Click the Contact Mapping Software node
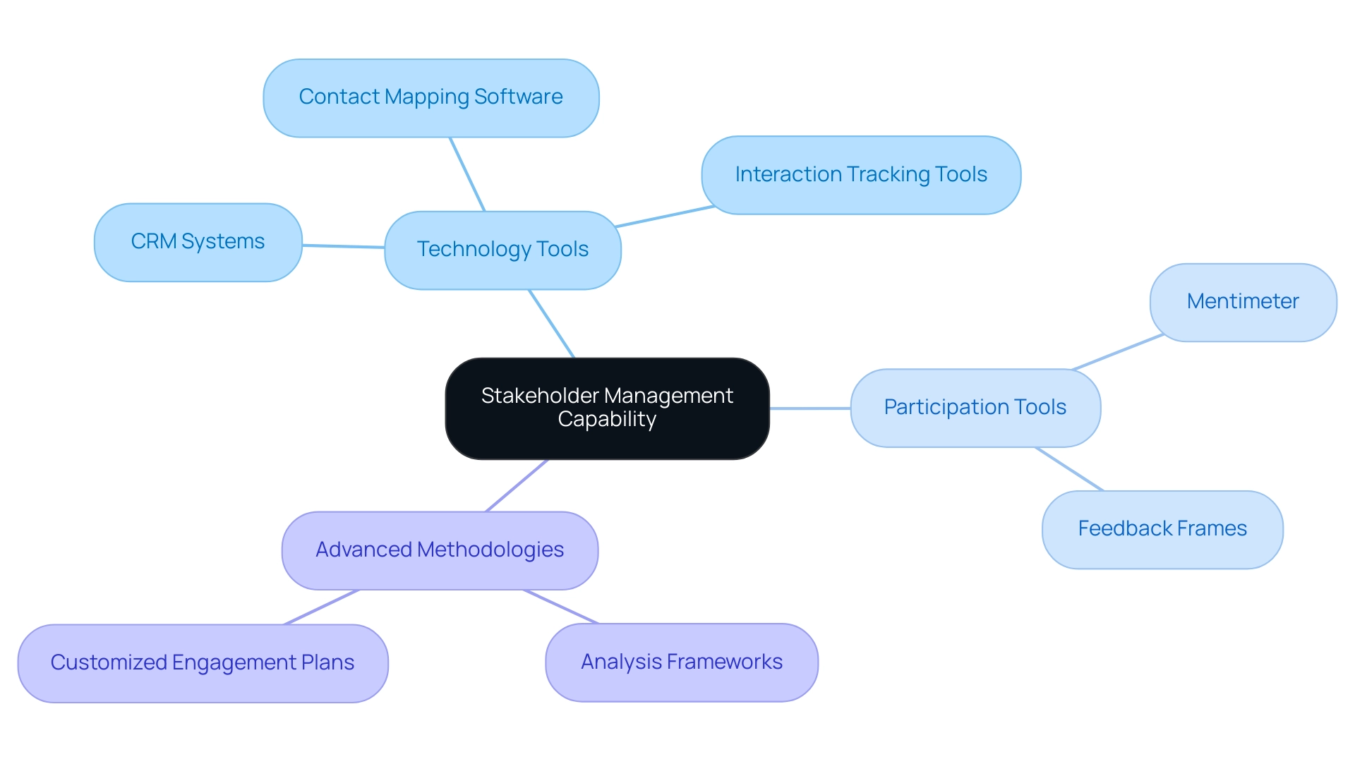(430, 98)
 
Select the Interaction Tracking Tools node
(861, 175)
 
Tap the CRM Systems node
(198, 242)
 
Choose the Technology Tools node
(502, 250)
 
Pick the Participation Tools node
(975, 408)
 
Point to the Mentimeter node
(1243, 302)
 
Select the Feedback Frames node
(1162, 529)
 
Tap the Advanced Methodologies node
(440, 550)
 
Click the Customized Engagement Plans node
(203, 663)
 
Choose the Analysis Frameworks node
(682, 662)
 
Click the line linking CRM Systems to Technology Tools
(343, 246)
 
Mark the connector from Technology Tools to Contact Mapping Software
(467, 174)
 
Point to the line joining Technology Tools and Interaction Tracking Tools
(665, 217)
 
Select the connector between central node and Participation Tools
(809, 408)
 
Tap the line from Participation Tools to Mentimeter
(1118, 351)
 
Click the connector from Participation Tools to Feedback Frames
(1068, 468)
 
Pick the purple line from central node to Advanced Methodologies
(517, 485)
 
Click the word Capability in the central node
(607, 419)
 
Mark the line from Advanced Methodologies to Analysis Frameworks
(561, 607)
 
